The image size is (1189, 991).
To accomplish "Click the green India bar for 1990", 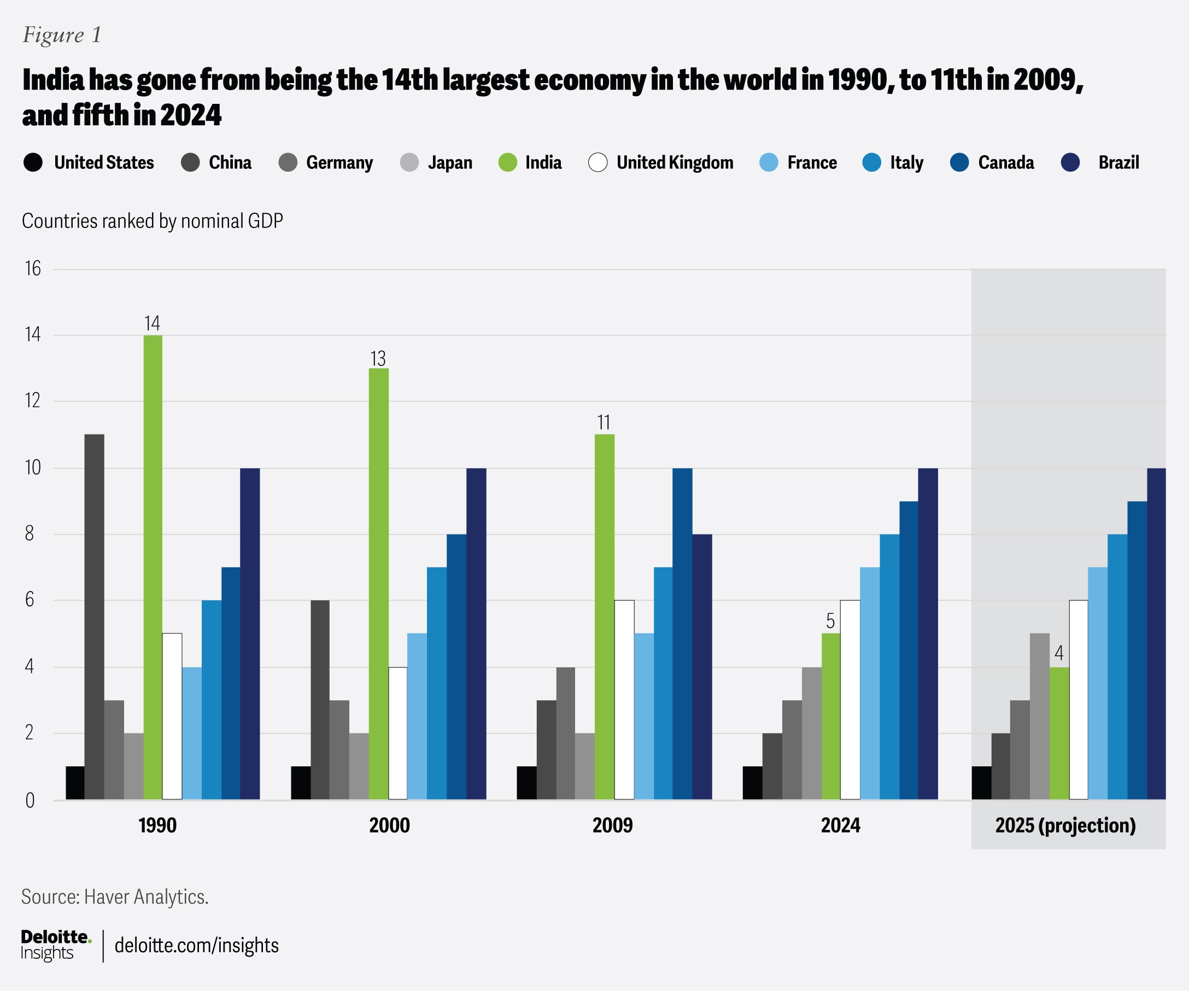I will click(153, 566).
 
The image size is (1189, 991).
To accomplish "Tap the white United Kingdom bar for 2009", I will click(624, 699).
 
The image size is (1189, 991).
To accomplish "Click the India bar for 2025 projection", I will click(1059, 733).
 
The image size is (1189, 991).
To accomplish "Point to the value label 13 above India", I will click(378, 359).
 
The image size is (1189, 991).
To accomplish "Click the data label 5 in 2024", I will click(830, 621).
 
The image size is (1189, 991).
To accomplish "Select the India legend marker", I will click(507, 162).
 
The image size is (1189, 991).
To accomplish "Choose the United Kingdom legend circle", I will click(598, 162).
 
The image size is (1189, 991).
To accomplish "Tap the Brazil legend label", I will click(1118, 162).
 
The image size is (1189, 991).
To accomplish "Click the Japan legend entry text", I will click(449, 162).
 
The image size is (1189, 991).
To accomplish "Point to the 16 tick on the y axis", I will click(33, 268).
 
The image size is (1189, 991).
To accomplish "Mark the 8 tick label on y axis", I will click(30, 533).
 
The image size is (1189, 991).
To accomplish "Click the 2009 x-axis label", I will click(612, 825).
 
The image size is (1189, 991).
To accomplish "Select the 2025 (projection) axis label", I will click(1065, 825).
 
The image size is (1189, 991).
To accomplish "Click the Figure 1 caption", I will click(62, 35).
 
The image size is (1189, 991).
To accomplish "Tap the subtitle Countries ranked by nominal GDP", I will click(153, 221).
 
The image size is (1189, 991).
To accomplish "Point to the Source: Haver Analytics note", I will click(115, 896).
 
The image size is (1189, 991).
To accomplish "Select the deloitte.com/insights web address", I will click(196, 945).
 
